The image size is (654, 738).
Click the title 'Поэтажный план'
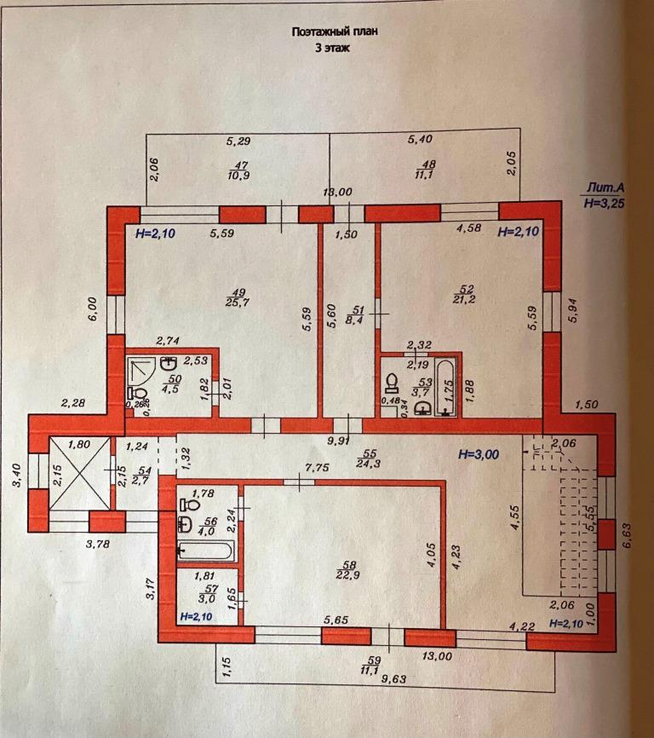point(334,31)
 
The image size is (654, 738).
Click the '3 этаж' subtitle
point(333,49)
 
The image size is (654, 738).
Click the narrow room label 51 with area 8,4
point(358,316)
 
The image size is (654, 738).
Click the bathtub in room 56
point(207,551)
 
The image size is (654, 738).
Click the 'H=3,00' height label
point(479,455)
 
